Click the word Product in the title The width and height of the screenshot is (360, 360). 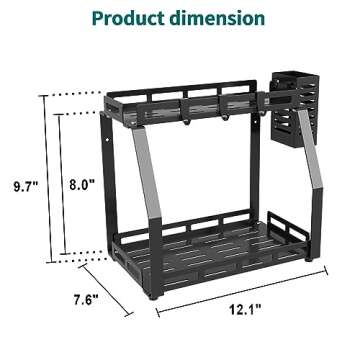(x=128, y=18)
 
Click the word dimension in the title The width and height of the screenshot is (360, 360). (x=217, y=18)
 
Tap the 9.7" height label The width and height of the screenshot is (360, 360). (x=26, y=187)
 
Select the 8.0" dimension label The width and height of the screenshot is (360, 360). (x=82, y=184)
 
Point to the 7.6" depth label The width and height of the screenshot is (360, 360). (x=86, y=300)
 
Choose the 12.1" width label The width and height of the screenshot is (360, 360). (x=245, y=310)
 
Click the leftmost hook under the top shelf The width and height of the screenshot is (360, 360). (x=186, y=122)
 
